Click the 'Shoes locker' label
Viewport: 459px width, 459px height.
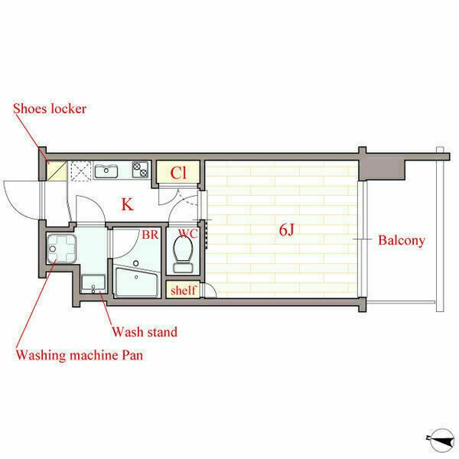tap(50, 109)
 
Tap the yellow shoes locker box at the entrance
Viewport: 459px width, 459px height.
tap(57, 171)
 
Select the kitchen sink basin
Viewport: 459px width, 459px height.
tap(106, 171)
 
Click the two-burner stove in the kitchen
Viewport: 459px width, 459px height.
tap(140, 170)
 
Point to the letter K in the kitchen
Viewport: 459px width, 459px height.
tap(127, 204)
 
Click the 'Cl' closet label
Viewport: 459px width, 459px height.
tap(178, 173)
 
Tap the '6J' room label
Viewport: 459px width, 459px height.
tap(286, 229)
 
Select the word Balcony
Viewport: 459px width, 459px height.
tap(402, 241)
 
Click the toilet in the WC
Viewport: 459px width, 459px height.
tap(183, 254)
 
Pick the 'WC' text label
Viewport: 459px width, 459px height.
tap(188, 233)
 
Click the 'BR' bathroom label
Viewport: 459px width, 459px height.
tap(150, 235)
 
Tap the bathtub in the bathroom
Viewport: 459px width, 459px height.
tap(137, 282)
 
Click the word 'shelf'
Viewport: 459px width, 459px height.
tap(184, 290)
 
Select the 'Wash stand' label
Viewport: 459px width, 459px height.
tap(145, 332)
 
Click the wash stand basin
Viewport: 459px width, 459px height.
tap(93, 283)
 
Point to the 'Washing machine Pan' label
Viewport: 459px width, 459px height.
tap(80, 356)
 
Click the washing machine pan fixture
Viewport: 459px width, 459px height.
tap(62, 248)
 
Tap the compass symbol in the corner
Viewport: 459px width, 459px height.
tap(441, 440)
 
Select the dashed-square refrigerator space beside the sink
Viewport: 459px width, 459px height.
tap(81, 171)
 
